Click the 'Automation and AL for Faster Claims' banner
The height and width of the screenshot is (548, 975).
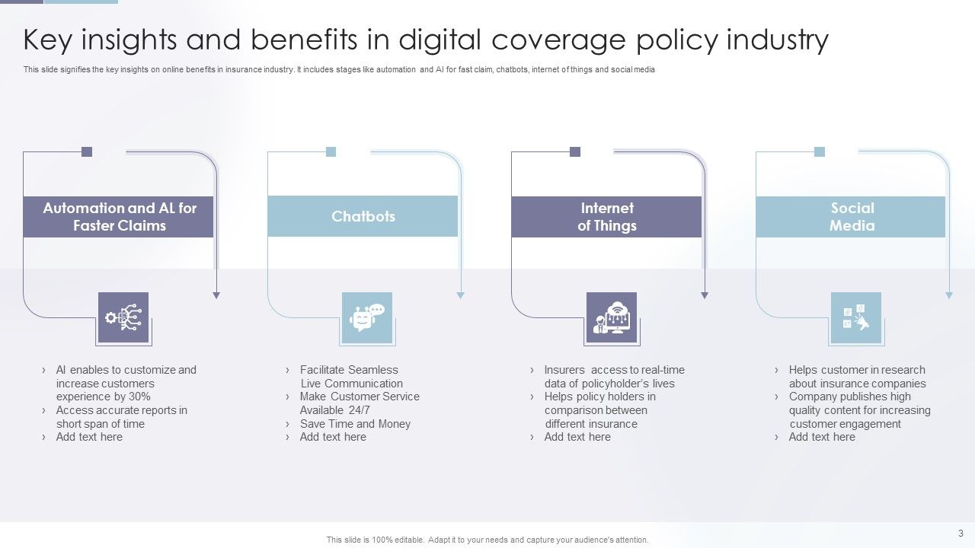coord(119,217)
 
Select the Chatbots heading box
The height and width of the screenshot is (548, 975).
coord(363,217)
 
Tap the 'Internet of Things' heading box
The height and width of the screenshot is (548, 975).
coord(606,217)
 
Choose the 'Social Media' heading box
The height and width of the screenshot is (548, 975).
coord(851,217)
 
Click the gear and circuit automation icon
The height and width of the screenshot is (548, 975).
coord(123,317)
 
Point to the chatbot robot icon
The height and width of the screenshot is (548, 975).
coord(367,317)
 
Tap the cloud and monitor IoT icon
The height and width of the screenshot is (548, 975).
coord(612,317)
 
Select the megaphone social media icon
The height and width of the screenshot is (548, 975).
coord(856,317)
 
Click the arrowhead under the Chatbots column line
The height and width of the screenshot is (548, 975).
coord(460,295)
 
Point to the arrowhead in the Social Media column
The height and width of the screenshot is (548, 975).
coord(948,295)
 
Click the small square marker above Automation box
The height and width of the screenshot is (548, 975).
coord(87,151)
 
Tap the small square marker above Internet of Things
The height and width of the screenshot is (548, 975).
coord(575,151)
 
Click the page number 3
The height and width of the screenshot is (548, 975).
coord(961,533)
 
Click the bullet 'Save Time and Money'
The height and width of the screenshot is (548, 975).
coord(355,424)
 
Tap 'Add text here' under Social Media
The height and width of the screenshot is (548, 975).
coord(822,437)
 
